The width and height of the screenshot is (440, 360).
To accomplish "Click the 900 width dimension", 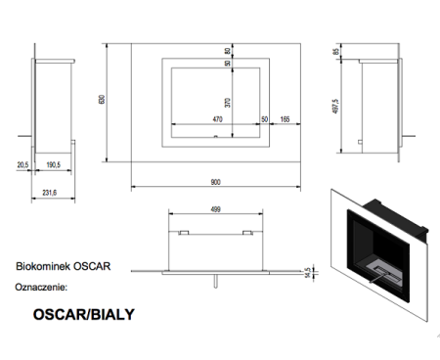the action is (x=215, y=182).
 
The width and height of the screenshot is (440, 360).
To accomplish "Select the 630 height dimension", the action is (x=102, y=100).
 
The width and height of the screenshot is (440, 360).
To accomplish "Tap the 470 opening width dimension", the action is (x=217, y=119).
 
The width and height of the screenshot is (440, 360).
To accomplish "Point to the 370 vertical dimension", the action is (x=228, y=103).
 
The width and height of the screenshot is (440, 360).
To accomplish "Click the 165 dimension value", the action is (x=285, y=119).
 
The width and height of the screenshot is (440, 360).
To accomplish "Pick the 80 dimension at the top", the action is (x=228, y=51).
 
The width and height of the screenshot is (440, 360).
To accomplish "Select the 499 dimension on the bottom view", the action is (x=215, y=209).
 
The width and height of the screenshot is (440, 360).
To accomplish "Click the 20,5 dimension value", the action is (x=22, y=165).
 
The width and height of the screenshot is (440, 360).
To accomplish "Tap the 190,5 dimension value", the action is (x=54, y=165).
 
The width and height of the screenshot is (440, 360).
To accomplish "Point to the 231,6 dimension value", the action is (x=50, y=193).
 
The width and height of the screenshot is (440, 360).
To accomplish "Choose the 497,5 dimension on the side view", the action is (x=335, y=107).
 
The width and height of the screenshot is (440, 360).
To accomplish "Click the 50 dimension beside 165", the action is (x=265, y=119).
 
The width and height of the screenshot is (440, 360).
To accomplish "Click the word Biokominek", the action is (x=43, y=266).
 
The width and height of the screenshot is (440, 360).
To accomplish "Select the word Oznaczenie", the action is (x=41, y=288).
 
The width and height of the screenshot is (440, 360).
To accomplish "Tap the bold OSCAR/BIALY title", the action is (x=84, y=314).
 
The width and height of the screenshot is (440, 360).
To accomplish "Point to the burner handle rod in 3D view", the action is (x=377, y=278).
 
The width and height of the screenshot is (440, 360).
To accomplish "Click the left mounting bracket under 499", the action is (x=184, y=233).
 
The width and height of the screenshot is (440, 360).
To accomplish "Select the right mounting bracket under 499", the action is (x=247, y=233).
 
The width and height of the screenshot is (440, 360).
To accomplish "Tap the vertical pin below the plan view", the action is (x=215, y=281).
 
